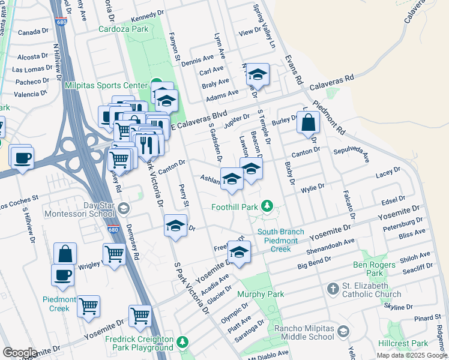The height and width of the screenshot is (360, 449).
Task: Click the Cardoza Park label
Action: click(x=123, y=28)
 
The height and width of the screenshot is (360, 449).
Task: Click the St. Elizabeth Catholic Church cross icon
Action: click(x=334, y=290)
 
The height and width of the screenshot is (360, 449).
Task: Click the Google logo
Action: click(x=20, y=353)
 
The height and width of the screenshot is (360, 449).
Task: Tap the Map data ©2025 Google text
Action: click(x=412, y=355)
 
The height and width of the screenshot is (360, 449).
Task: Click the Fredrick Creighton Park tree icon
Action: click(x=182, y=343)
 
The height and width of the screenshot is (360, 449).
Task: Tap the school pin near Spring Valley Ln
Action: click(x=258, y=75)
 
